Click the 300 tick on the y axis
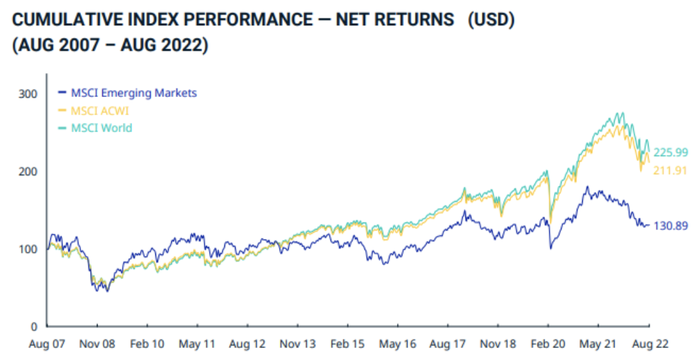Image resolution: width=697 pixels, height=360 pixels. [x=29, y=93]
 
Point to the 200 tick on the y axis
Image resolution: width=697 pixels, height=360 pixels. [x=29, y=171]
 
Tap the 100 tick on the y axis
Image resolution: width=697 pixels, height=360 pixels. [x=29, y=249]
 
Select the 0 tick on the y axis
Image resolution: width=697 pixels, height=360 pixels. [x=33, y=327]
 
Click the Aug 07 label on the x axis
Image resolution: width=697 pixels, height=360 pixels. [x=47, y=345]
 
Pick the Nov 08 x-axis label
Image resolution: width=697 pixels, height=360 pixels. [x=97, y=345]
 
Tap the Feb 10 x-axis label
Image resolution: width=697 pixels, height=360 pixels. [x=147, y=345]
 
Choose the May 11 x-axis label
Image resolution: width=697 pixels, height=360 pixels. [x=197, y=345]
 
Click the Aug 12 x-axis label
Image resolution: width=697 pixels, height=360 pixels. [x=247, y=345]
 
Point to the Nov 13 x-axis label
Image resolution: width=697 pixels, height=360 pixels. [x=297, y=345]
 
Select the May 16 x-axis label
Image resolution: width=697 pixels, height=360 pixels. [x=398, y=345]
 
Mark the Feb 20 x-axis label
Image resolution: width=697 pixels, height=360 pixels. [x=548, y=345]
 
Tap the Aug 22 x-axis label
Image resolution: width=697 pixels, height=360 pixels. [x=649, y=345]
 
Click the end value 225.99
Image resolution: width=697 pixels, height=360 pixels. [x=670, y=152]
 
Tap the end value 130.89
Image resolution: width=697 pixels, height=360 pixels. [x=670, y=226]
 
